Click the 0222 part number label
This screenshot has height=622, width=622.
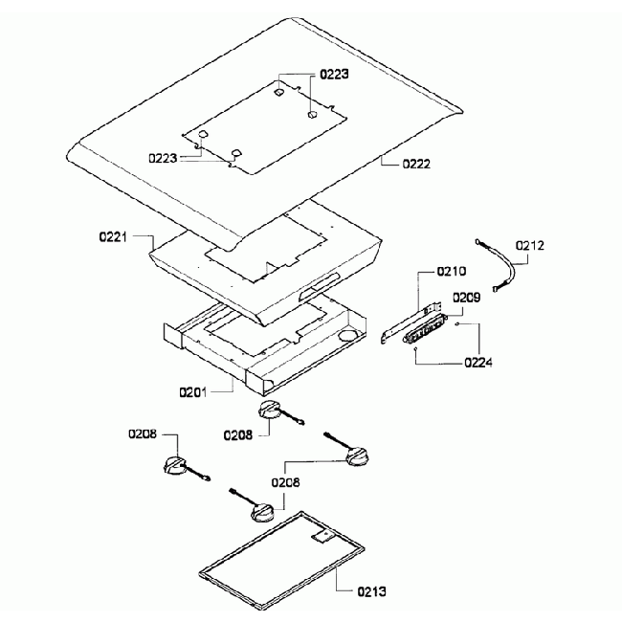click(x=416, y=164)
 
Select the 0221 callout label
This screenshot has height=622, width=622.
click(x=113, y=237)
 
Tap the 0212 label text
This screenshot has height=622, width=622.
click(x=529, y=246)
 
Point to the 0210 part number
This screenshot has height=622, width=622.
click(x=452, y=272)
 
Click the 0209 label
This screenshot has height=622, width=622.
click(x=467, y=297)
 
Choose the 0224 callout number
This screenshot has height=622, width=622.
click(x=478, y=363)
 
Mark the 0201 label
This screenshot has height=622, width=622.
click(x=192, y=392)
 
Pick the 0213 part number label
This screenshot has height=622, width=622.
click(x=371, y=591)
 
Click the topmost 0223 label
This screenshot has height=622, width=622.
click(x=334, y=75)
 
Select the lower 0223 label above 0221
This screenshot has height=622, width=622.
click(x=163, y=158)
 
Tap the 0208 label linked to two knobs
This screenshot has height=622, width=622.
click(x=285, y=482)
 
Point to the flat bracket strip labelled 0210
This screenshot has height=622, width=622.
click(x=411, y=322)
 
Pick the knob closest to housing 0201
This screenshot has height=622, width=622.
click(x=270, y=410)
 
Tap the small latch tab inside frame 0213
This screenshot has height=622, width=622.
click(x=323, y=536)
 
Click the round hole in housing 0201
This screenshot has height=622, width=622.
click(x=347, y=335)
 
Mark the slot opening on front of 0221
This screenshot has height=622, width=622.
click(x=320, y=285)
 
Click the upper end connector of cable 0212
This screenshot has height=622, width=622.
click(x=478, y=241)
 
